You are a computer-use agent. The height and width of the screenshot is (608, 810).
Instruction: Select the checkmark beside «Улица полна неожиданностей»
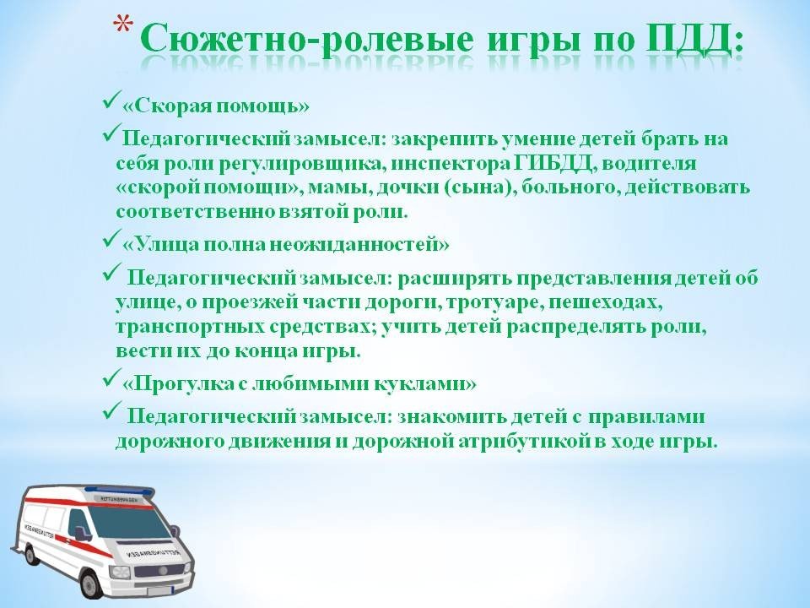pos(112,238)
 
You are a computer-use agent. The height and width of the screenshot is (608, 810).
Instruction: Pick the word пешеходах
pos(605,302)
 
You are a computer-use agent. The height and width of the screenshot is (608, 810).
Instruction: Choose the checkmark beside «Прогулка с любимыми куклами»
pos(112,378)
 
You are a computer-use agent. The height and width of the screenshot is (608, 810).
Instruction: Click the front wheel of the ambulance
pos(94,583)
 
